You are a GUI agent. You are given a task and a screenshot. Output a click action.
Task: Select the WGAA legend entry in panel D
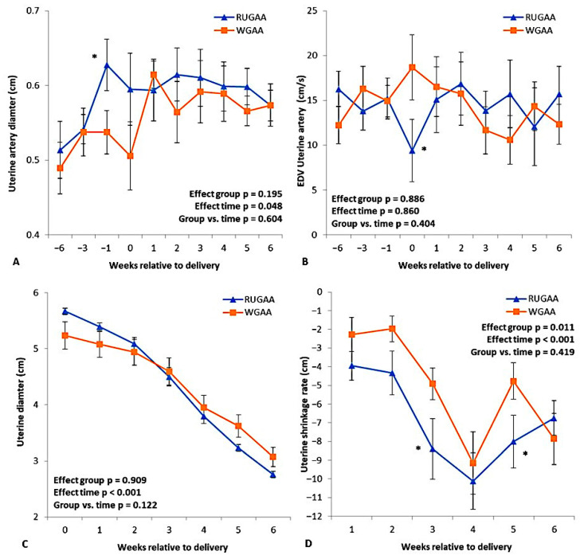click(x=531, y=311)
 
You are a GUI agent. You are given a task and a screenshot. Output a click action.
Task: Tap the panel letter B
click(x=305, y=262)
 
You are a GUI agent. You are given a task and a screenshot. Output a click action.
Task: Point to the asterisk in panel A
click(x=94, y=57)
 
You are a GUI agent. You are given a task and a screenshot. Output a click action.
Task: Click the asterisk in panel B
click(x=425, y=149)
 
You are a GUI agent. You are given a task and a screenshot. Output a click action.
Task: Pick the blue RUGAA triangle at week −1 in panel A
click(x=107, y=65)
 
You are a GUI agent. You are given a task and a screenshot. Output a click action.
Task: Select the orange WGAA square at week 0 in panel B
click(x=412, y=67)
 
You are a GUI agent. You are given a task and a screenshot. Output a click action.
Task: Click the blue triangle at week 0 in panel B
click(x=412, y=150)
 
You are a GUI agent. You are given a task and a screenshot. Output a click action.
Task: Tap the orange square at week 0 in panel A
click(x=130, y=156)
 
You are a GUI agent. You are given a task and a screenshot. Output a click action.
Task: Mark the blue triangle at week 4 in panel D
click(x=472, y=481)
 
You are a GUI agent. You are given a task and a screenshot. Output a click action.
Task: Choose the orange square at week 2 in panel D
click(x=392, y=329)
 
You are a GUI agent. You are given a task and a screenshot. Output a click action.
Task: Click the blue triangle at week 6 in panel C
click(x=273, y=475)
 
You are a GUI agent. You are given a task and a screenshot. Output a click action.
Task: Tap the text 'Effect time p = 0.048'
click(x=238, y=206)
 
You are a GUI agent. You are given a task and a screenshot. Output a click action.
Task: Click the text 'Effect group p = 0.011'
click(x=528, y=327)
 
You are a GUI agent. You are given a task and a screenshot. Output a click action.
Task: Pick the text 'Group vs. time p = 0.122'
click(x=105, y=505)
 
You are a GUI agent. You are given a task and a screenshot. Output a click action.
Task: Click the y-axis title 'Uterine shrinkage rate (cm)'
click(x=304, y=414)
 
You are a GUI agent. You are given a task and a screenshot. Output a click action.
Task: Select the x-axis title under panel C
click(x=173, y=547)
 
